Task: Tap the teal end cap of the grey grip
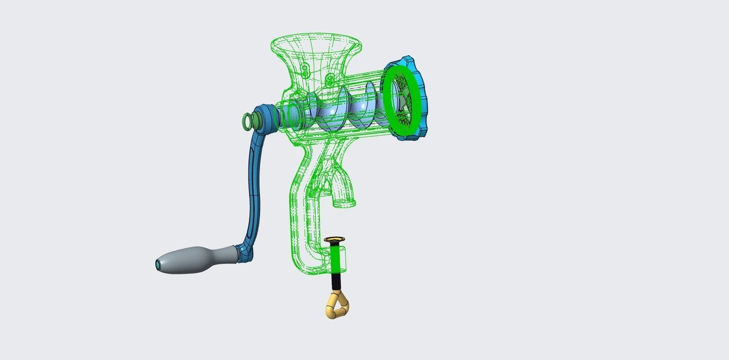158,265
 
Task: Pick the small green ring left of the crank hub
247,122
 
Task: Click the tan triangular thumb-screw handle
337,306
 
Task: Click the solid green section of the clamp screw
336,259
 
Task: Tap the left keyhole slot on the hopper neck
305,71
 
